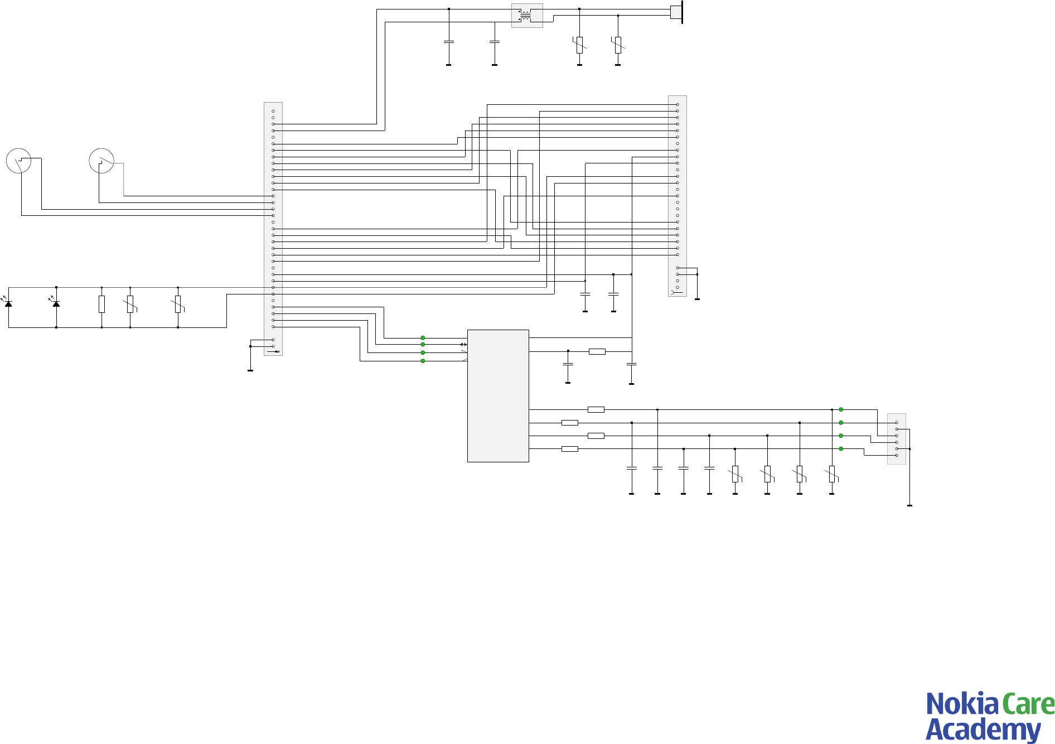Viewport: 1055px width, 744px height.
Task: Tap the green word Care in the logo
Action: (1028, 704)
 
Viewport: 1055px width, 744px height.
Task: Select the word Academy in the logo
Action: (983, 729)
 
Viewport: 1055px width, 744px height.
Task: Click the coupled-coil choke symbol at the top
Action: (526, 16)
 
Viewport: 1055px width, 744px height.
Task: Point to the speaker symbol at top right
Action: (676, 12)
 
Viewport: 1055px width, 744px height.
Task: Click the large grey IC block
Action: (498, 395)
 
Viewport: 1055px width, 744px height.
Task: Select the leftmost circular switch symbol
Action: (18, 161)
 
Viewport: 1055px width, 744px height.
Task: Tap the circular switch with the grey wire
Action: (101, 161)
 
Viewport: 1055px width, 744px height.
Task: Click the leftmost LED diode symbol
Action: (8, 303)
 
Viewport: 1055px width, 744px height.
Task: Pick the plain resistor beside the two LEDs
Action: (101, 304)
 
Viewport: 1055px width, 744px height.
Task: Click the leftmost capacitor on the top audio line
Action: (449, 42)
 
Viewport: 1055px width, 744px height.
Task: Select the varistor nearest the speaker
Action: (618, 45)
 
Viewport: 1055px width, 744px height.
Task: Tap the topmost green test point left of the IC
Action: (423, 338)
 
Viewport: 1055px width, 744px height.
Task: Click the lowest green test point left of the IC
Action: (423, 361)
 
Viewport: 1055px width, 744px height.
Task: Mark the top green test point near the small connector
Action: (841, 409)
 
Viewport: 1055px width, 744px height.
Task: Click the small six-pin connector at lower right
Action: (896, 439)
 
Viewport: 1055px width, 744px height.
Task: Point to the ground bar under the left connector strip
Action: (250, 370)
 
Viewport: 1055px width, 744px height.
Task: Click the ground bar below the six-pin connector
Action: (909, 505)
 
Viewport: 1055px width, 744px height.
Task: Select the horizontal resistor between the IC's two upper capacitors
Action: (597, 351)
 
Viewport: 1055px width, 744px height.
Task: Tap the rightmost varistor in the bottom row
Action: (831, 474)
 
